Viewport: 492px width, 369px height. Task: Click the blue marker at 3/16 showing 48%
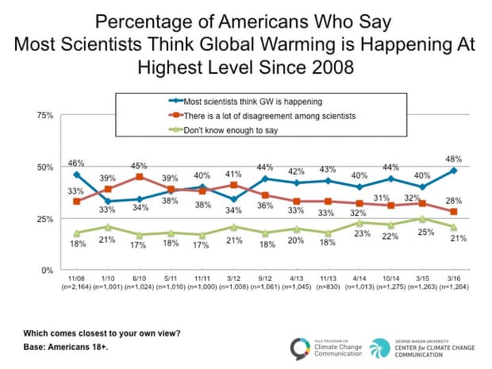452,171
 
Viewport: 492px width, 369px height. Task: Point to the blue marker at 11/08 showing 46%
76,175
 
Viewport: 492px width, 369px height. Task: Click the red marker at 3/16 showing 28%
452,212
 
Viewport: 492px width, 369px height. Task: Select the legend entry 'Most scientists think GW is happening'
230,102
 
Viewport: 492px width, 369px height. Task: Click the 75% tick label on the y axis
45,115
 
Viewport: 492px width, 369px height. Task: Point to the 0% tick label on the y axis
48,271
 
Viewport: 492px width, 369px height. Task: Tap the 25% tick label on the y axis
45,219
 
